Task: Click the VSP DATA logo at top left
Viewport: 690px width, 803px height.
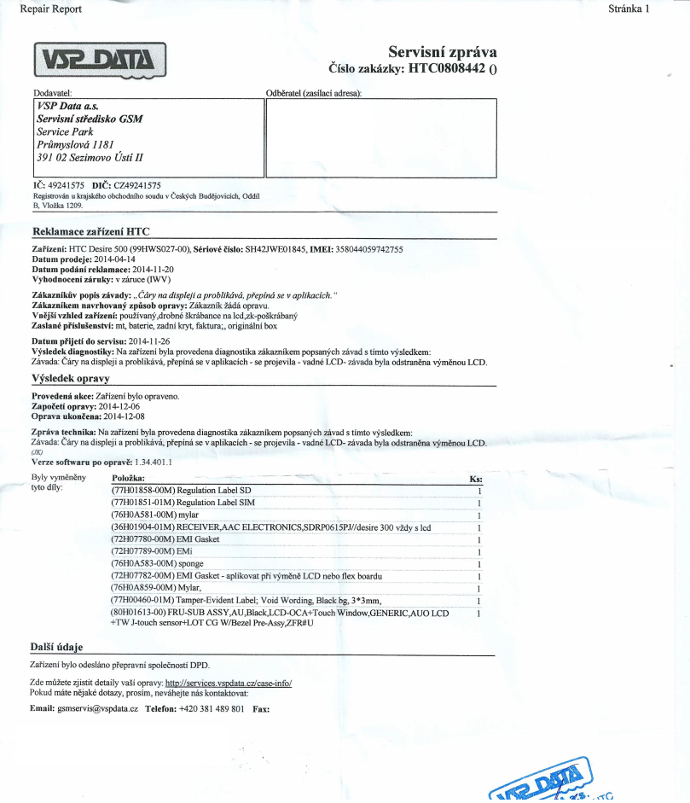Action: (x=100, y=59)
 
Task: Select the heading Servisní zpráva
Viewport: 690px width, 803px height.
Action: (x=442, y=53)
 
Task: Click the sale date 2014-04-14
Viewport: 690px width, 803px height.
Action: (x=114, y=259)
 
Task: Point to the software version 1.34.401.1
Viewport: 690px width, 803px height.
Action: (x=148, y=462)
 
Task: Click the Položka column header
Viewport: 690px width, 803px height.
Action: (x=128, y=480)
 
